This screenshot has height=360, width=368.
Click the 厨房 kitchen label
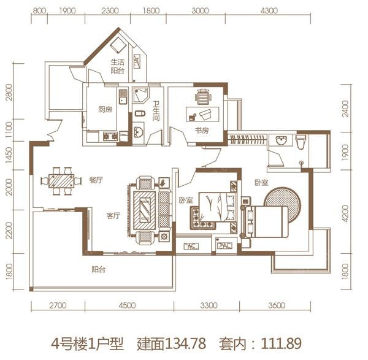(105, 110)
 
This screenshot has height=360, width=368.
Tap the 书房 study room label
(202, 131)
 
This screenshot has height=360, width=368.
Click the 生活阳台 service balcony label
(117, 66)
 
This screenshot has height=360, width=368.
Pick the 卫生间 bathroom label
(156, 110)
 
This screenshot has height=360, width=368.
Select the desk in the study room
(203, 114)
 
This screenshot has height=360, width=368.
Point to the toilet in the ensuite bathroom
(301, 142)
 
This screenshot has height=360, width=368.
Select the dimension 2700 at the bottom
(57, 305)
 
